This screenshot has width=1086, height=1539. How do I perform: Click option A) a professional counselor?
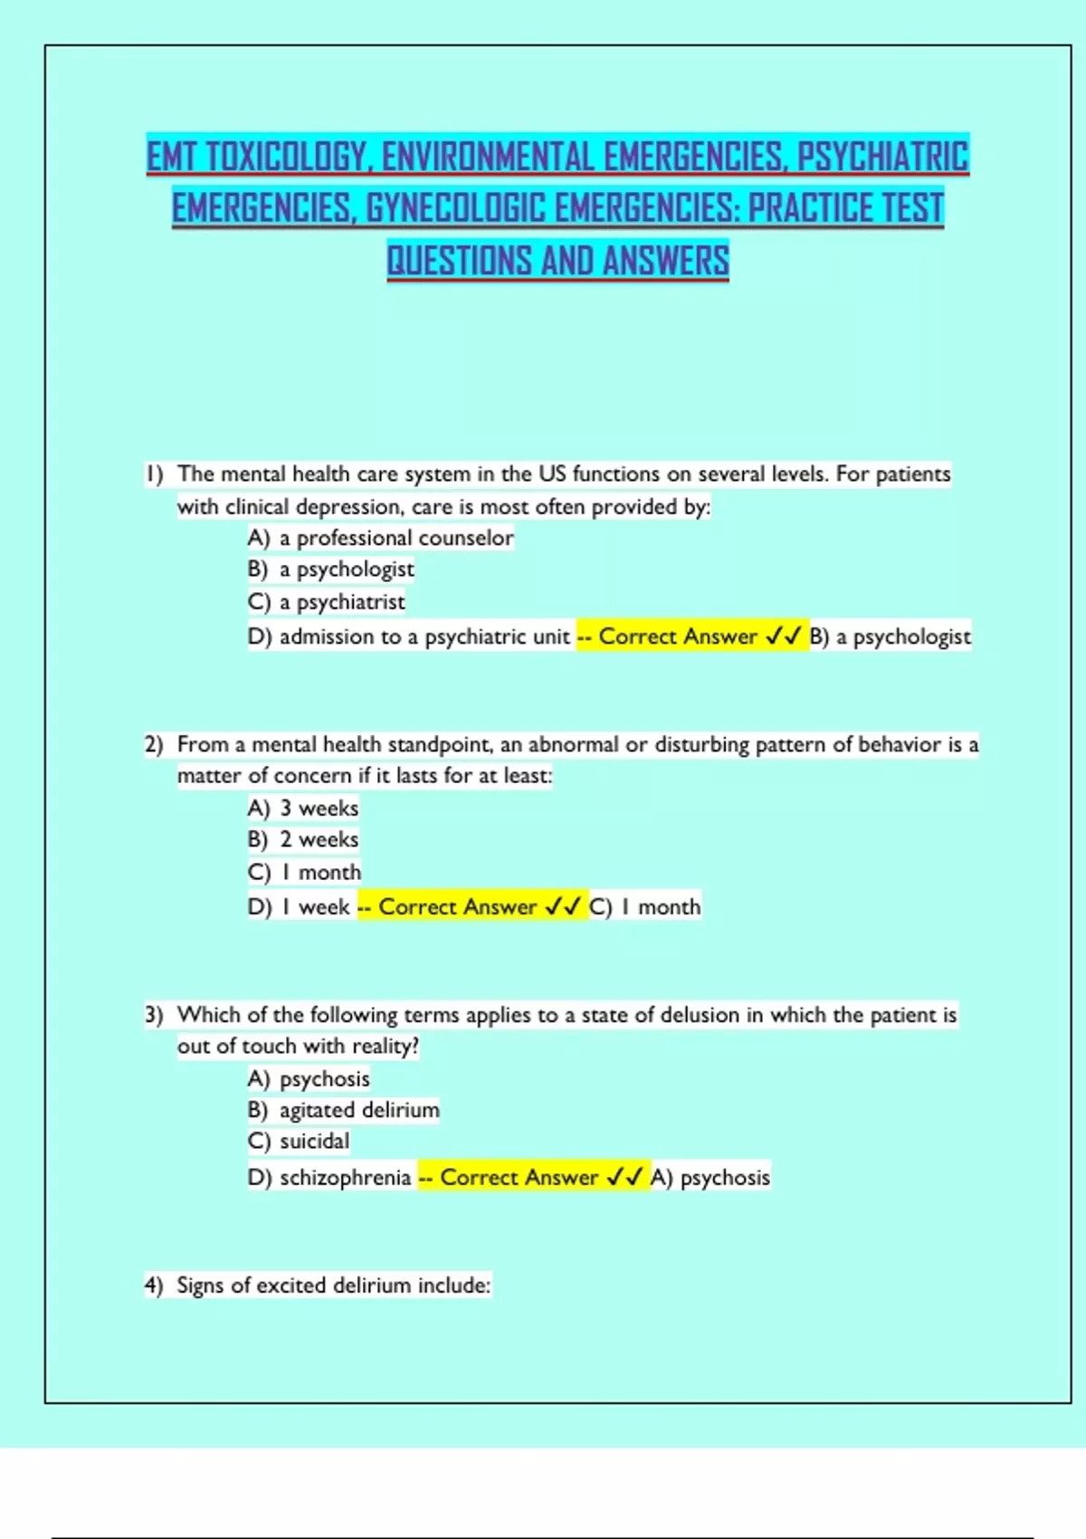click(x=380, y=538)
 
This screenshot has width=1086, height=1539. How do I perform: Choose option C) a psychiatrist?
click(x=326, y=602)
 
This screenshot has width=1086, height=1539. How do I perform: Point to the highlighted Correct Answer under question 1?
click(x=678, y=636)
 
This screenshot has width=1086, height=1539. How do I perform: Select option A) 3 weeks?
click(x=303, y=808)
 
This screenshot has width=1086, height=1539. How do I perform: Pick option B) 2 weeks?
click(x=303, y=839)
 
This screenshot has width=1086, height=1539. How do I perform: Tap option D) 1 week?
click(x=299, y=907)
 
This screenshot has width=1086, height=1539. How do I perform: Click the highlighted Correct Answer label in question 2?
click(x=457, y=907)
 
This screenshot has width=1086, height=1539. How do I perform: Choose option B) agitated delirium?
click(x=344, y=1110)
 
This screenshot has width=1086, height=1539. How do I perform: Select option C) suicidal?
click(x=299, y=1141)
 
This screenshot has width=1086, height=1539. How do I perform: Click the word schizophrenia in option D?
click(x=345, y=1178)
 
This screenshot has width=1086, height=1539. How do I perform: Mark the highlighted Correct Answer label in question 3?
click(x=519, y=1178)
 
